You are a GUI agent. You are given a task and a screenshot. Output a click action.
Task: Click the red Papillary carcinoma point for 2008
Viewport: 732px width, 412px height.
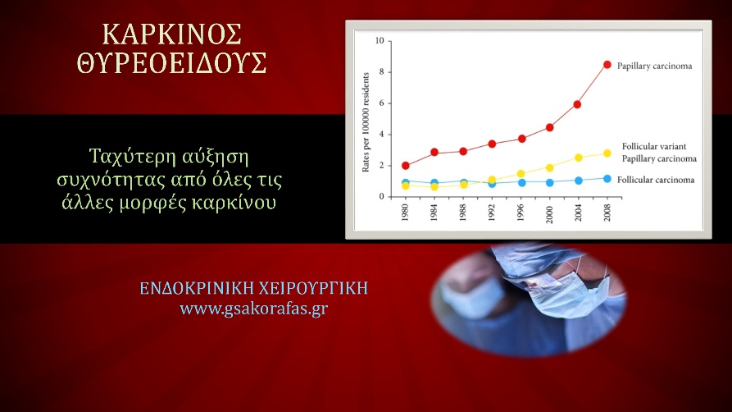tap(607, 65)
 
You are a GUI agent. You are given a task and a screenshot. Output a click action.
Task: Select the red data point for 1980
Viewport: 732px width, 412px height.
tap(406, 166)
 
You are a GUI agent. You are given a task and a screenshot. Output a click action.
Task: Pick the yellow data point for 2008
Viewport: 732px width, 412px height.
tap(607, 153)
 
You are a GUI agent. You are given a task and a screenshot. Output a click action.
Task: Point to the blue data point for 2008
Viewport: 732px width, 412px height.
tap(607, 178)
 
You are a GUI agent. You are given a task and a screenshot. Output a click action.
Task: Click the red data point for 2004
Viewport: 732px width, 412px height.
tap(578, 104)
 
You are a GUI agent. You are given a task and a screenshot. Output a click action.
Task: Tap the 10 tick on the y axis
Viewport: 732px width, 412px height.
tap(379, 40)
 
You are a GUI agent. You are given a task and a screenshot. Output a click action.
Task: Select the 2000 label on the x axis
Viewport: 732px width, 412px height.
tap(550, 213)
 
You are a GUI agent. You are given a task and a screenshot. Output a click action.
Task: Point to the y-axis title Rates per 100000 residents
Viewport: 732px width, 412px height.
tap(366, 119)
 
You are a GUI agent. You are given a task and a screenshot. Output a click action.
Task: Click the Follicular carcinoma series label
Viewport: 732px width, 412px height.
tap(657, 180)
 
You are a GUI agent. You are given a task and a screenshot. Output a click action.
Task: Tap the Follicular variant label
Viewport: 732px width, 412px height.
tap(653, 146)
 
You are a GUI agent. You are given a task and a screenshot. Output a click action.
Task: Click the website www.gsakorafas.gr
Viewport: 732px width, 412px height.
tap(254, 309)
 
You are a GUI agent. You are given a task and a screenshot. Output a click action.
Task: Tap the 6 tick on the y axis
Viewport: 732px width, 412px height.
tap(380, 103)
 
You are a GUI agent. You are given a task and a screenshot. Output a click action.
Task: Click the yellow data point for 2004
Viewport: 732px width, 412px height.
tap(578, 158)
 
